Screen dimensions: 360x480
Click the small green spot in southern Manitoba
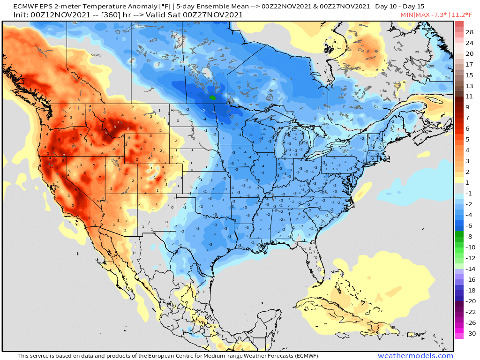click(x=212, y=97)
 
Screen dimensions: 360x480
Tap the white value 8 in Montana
click(x=128, y=128)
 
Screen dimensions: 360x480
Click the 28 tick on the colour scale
click(x=469, y=32)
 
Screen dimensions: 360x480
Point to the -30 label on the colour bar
click(x=469, y=333)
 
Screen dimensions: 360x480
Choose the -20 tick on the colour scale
click(x=469, y=301)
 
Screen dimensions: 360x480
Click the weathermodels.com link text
click(x=415, y=356)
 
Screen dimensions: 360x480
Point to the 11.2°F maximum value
click(x=464, y=15)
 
